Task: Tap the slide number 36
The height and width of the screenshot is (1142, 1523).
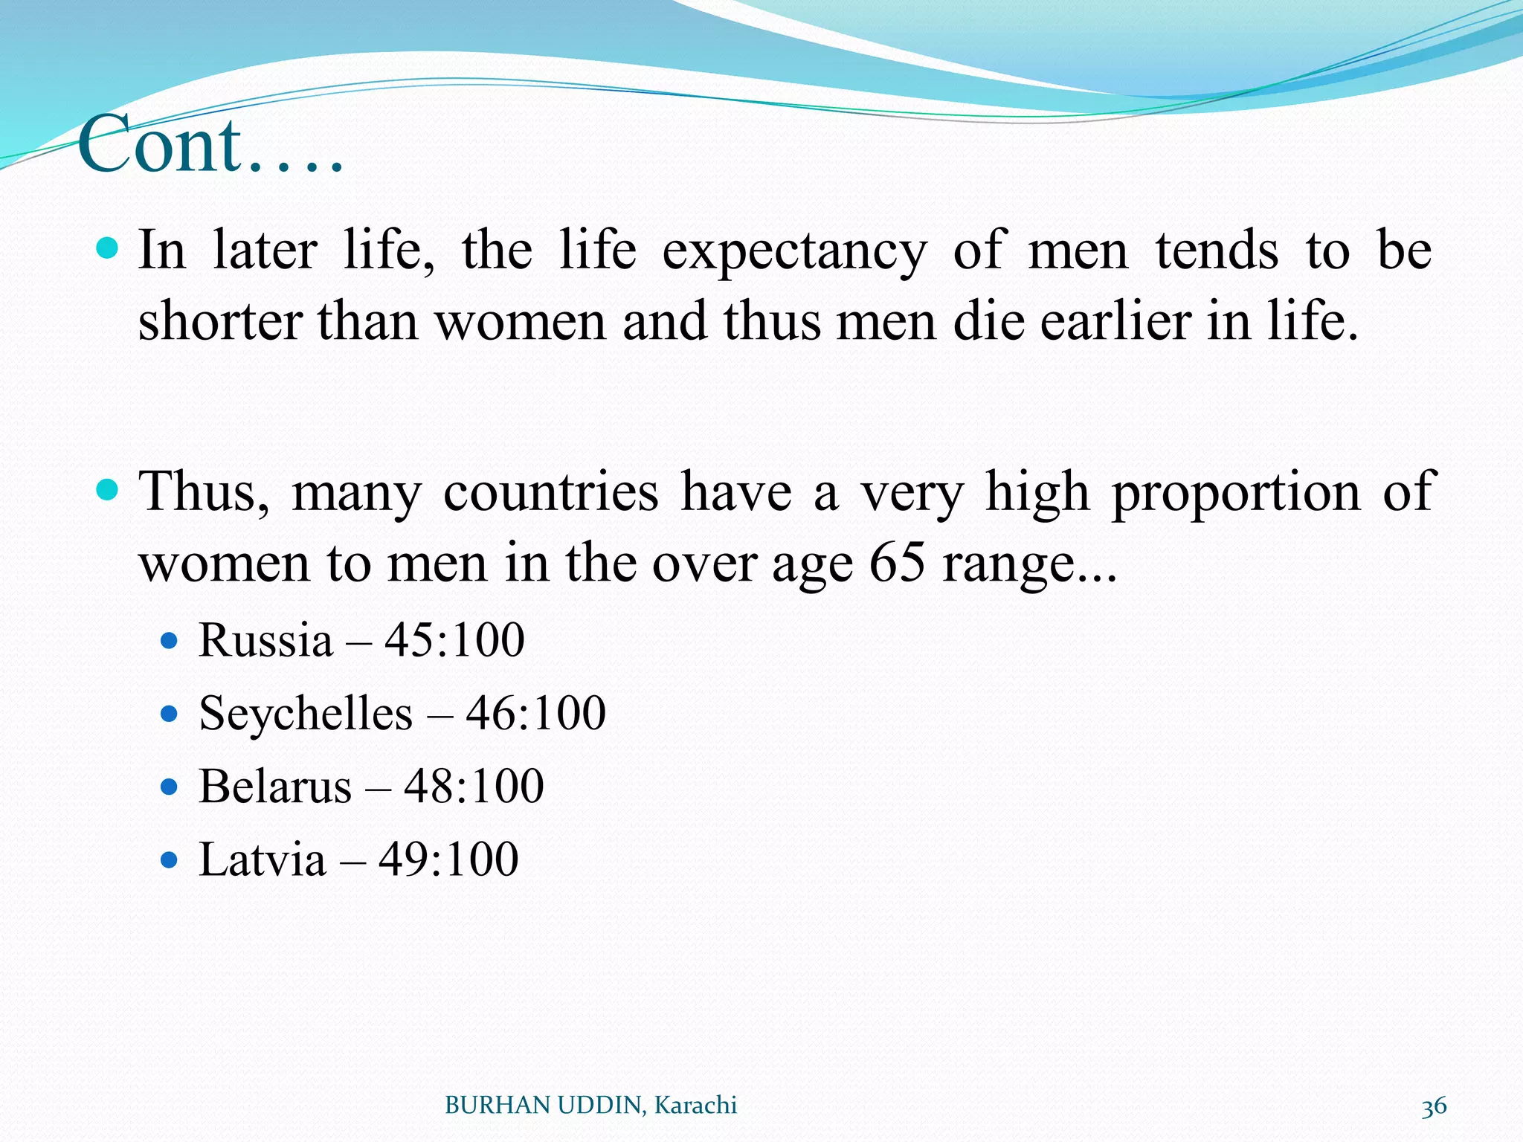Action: (x=1434, y=1106)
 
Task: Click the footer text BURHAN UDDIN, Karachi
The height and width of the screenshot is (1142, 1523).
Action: (x=590, y=1106)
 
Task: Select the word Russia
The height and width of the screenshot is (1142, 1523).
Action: (x=265, y=640)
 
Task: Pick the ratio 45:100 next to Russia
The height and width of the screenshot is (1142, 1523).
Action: (x=454, y=640)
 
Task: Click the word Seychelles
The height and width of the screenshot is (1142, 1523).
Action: (x=306, y=714)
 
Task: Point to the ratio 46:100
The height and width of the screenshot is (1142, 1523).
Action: (x=535, y=714)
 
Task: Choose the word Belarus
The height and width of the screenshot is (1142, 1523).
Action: (x=275, y=787)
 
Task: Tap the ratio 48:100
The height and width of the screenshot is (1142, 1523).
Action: (x=474, y=787)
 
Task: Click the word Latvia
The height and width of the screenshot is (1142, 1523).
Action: (x=263, y=859)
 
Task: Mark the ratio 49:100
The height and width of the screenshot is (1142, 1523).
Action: (x=448, y=859)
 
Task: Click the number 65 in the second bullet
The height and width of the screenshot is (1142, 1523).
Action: (x=897, y=563)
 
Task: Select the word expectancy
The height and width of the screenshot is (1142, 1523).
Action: (x=794, y=251)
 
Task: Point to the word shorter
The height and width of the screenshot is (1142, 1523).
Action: (x=220, y=323)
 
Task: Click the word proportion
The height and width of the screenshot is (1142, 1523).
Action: (x=1235, y=492)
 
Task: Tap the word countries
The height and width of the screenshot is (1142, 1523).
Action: (x=550, y=492)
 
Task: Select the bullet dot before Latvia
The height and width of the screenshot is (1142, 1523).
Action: (x=170, y=860)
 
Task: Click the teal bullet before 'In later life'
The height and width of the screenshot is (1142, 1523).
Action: (x=108, y=248)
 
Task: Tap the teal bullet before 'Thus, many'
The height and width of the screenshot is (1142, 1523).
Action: (x=108, y=490)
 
